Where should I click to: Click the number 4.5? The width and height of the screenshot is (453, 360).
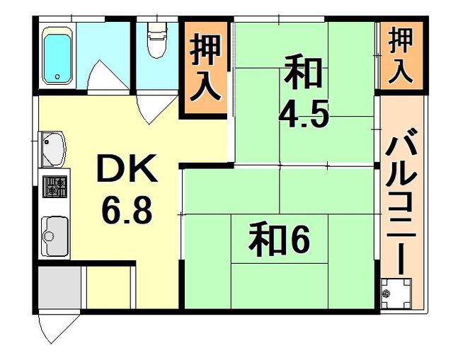(x=304, y=113)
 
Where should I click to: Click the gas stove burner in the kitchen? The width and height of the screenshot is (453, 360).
(x=55, y=187)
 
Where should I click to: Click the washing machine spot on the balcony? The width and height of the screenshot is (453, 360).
(x=395, y=291)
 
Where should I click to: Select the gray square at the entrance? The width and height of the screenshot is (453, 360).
(x=59, y=287)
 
